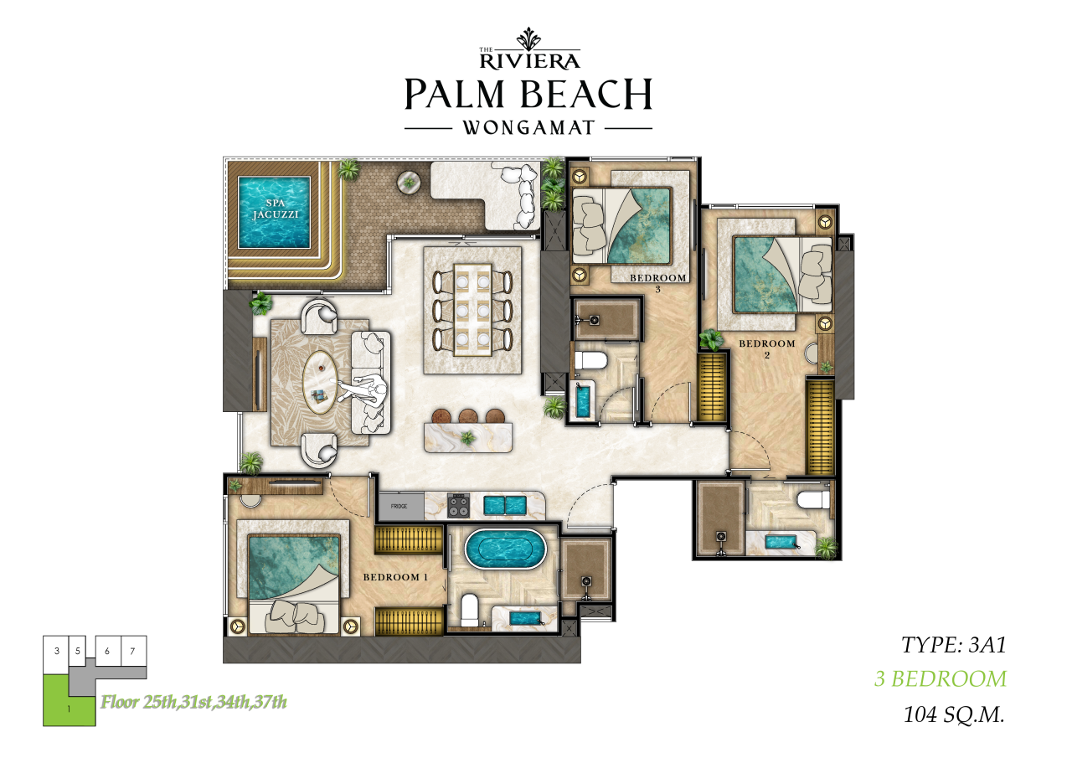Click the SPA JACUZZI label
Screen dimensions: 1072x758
click(x=275, y=209)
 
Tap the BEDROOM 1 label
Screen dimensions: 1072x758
click(x=395, y=577)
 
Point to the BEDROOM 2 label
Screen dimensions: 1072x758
click(x=766, y=348)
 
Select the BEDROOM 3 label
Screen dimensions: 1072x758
click(x=658, y=283)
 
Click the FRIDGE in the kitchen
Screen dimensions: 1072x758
click(x=401, y=506)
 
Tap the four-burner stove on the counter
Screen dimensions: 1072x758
click(x=458, y=506)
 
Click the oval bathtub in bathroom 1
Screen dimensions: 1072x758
click(x=505, y=549)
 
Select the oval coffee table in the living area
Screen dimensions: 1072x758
click(x=320, y=382)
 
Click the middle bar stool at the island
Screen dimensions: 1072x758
click(x=468, y=415)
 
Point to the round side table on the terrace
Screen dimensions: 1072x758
click(x=409, y=183)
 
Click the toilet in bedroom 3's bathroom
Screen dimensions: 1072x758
click(x=590, y=360)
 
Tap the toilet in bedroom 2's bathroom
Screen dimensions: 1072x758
click(x=813, y=499)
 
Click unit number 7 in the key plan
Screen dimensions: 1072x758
click(x=132, y=651)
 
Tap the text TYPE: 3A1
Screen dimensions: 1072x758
click(x=953, y=645)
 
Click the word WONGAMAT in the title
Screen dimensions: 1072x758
click(x=528, y=128)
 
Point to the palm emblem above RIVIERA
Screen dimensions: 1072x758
click(x=528, y=39)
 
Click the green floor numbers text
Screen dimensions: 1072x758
click(x=193, y=702)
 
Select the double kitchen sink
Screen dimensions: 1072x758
click(x=505, y=505)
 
